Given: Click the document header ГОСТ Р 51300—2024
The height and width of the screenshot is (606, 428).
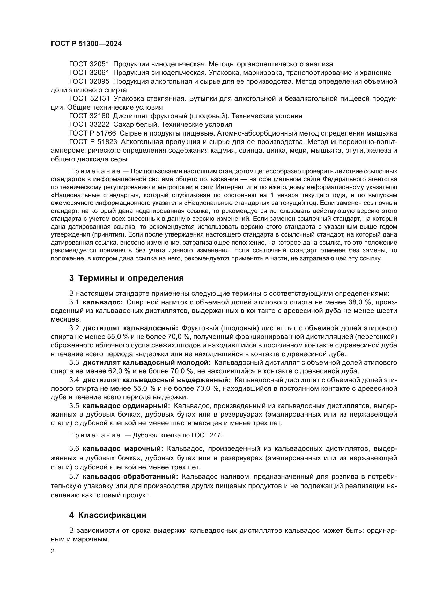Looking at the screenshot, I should point(86,44).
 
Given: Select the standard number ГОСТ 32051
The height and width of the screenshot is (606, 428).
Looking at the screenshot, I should point(89,64).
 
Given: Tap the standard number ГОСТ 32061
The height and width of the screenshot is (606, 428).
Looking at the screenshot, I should point(89,73).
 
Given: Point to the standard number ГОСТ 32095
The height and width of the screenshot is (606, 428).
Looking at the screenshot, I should point(89,82).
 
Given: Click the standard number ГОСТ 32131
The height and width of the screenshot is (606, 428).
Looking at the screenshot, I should point(89,99).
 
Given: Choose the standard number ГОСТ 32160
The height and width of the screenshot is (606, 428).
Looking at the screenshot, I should point(89,116).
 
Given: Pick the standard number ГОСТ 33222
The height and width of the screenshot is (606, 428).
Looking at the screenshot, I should point(89,125).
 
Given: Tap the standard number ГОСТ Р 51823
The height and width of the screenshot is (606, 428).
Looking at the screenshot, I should point(93,142).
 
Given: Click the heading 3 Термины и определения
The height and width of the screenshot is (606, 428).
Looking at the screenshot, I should point(126,278).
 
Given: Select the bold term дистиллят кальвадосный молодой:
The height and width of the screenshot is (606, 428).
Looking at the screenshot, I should point(147,363).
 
